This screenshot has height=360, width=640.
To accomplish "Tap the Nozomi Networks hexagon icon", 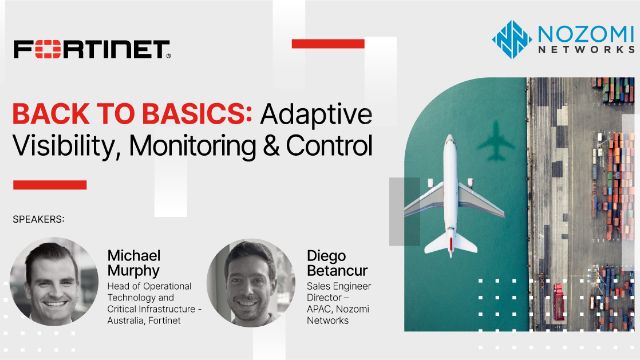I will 511,39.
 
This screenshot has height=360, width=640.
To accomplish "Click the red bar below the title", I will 49,184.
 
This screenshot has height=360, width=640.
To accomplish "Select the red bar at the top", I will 328,43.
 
